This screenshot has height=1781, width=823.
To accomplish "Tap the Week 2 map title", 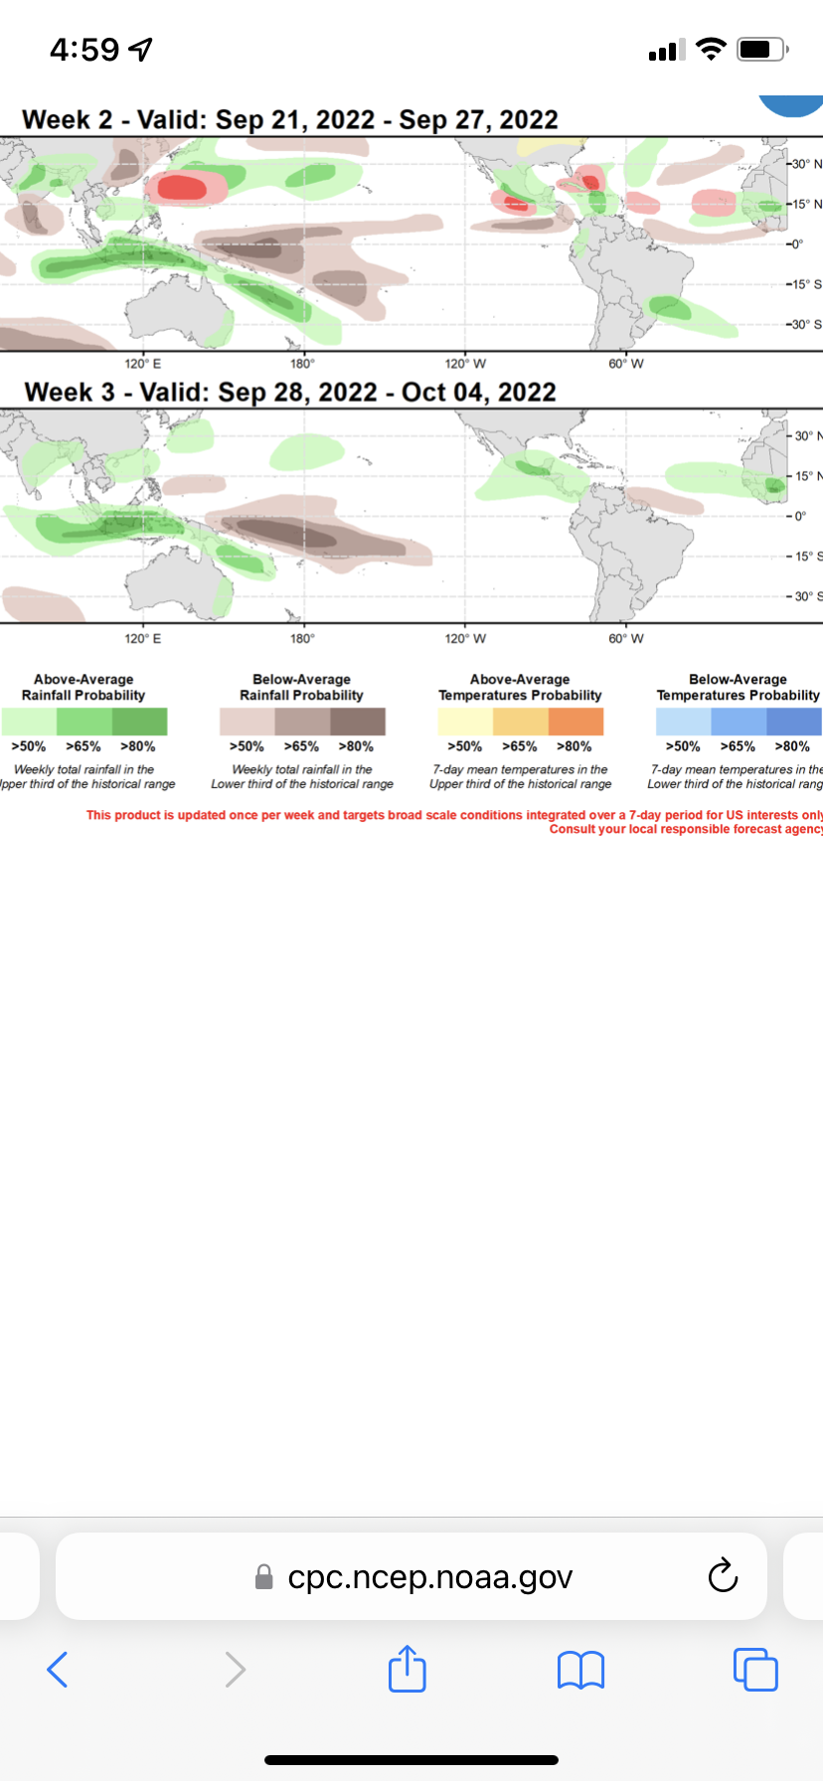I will [x=290, y=120].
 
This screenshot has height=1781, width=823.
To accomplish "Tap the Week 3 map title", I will [x=290, y=393].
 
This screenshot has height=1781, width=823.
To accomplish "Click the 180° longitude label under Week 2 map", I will [x=302, y=364].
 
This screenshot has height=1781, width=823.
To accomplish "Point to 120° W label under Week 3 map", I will [x=465, y=638].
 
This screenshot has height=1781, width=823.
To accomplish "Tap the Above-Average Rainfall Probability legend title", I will [x=83, y=688].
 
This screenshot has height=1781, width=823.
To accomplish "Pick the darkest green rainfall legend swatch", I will [x=140, y=722].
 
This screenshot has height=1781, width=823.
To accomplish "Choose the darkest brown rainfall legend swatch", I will [x=358, y=722].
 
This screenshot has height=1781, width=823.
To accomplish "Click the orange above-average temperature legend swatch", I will [x=576, y=722].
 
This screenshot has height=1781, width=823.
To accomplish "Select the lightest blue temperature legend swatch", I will [x=683, y=722].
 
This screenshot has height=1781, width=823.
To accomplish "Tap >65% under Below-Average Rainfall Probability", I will [x=301, y=746].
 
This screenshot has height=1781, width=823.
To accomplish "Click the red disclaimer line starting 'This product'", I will [x=453, y=815].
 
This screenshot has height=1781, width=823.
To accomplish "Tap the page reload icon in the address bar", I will [x=723, y=1575].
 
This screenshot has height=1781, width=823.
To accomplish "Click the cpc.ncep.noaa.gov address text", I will [x=429, y=1577].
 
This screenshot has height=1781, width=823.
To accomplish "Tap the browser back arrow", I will [x=58, y=1669].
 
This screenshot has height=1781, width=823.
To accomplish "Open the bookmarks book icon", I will [x=581, y=1669].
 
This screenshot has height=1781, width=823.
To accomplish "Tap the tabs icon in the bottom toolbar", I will [x=755, y=1669].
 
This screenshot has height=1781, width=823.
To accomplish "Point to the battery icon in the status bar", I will [x=761, y=49].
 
